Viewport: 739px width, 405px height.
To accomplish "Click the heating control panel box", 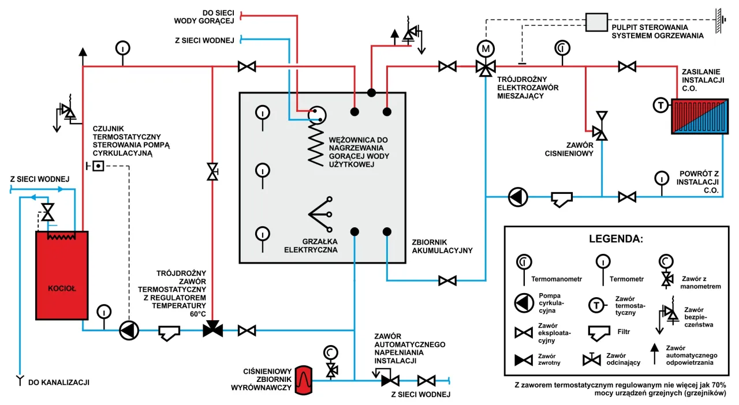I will tap(595, 22).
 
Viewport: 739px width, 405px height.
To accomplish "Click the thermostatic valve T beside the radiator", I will tap(660, 105).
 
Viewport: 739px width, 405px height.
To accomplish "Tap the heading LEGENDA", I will tap(615, 238).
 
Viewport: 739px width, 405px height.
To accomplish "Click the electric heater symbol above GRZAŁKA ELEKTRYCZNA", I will tap(320, 214).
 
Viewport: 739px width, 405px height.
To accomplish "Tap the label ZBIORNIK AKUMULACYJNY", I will tap(442, 246).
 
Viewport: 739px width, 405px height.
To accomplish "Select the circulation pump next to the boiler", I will tap(129, 330).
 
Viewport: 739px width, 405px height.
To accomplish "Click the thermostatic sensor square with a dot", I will tap(98, 166).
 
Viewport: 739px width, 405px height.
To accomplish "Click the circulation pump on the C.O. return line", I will tap(518, 197).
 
